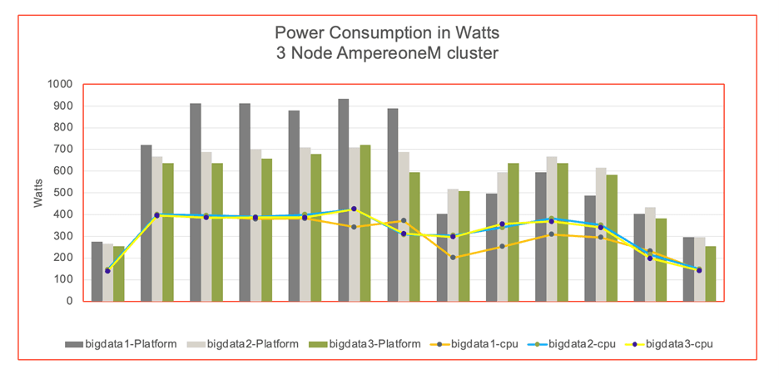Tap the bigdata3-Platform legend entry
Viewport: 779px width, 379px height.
pyautogui.click(x=371, y=343)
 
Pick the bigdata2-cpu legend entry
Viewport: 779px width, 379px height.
pyautogui.click(x=582, y=343)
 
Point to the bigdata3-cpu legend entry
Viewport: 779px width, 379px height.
pyautogui.click(x=677, y=343)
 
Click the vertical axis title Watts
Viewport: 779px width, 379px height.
pyautogui.click(x=39, y=192)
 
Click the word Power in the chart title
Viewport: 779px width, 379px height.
pyautogui.click(x=296, y=33)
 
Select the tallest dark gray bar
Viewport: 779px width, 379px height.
pyautogui.click(x=344, y=199)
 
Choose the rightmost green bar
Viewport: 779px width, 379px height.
pyautogui.click(x=710, y=273)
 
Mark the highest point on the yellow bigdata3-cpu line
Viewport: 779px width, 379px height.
pyautogui.click(x=354, y=209)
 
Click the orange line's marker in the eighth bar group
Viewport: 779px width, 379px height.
pyautogui.click(x=453, y=258)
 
